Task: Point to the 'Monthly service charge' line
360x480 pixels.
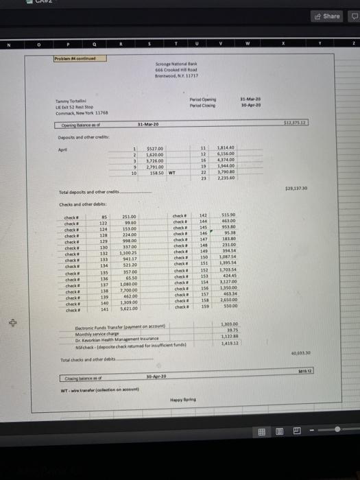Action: coord(95,333)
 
